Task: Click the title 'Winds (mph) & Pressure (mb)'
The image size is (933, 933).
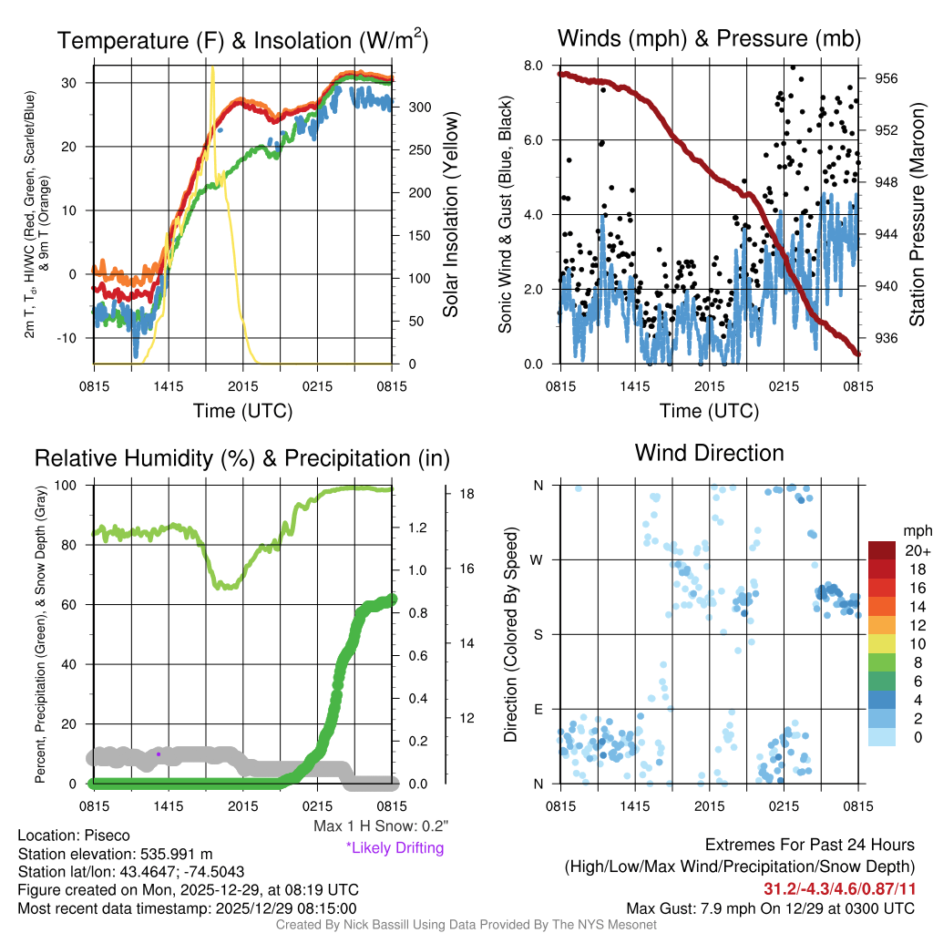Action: (709, 38)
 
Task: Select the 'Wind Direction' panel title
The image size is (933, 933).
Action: (709, 453)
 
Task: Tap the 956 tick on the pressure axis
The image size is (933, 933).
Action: (887, 79)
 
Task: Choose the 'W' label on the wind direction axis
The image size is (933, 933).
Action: (538, 559)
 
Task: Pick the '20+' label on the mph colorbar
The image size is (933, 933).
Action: (917, 551)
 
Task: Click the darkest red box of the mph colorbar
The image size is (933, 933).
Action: (883, 550)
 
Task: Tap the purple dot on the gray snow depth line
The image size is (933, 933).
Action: (159, 754)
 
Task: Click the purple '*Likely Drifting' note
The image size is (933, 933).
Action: (395, 847)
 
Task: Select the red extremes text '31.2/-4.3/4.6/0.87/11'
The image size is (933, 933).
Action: (838, 888)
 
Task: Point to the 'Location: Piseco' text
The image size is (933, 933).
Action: (74, 836)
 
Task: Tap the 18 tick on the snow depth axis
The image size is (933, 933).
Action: (466, 494)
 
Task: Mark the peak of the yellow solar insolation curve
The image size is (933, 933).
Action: (212, 68)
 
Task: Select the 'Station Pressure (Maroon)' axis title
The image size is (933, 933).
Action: (918, 215)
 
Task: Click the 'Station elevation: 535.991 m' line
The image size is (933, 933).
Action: (115, 854)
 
